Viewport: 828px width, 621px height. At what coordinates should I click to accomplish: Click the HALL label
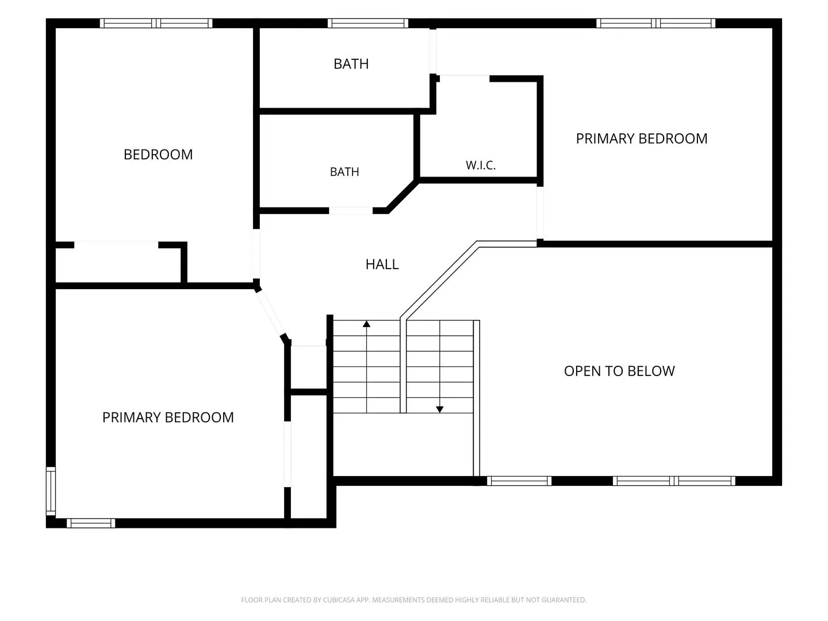coord(382,264)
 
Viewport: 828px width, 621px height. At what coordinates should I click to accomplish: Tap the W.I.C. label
coord(481,165)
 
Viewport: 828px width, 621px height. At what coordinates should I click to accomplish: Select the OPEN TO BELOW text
coord(619,371)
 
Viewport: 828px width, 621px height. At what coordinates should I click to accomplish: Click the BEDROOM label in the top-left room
coord(158,155)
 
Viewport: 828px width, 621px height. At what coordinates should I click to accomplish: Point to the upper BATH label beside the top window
coord(351,64)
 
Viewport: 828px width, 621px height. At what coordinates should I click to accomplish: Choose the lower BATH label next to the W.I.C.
coord(344,172)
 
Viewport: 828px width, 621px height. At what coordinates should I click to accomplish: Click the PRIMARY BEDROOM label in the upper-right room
coord(642,139)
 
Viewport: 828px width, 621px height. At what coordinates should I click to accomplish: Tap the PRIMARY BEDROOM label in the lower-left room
coord(168,417)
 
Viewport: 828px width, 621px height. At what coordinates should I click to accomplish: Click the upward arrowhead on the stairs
coord(366,324)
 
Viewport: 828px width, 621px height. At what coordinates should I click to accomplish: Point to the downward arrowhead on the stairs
coord(439,409)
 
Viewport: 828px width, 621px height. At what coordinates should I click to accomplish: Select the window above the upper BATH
coord(368,24)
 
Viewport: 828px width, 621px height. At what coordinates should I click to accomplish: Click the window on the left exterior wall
coord(51,491)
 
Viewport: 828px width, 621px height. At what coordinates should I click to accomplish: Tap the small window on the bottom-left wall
coord(91,523)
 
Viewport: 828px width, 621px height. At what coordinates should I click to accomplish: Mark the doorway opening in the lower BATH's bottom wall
coord(351,211)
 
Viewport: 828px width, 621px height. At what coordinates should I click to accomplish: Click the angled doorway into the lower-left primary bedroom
coord(270,313)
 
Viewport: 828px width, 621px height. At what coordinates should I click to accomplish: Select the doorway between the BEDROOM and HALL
coord(256,254)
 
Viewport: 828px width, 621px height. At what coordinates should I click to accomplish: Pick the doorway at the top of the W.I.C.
coord(465,79)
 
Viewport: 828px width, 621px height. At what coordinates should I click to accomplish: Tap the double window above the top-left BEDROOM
coord(156,24)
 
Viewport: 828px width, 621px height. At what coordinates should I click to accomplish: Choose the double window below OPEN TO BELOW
coord(674,481)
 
